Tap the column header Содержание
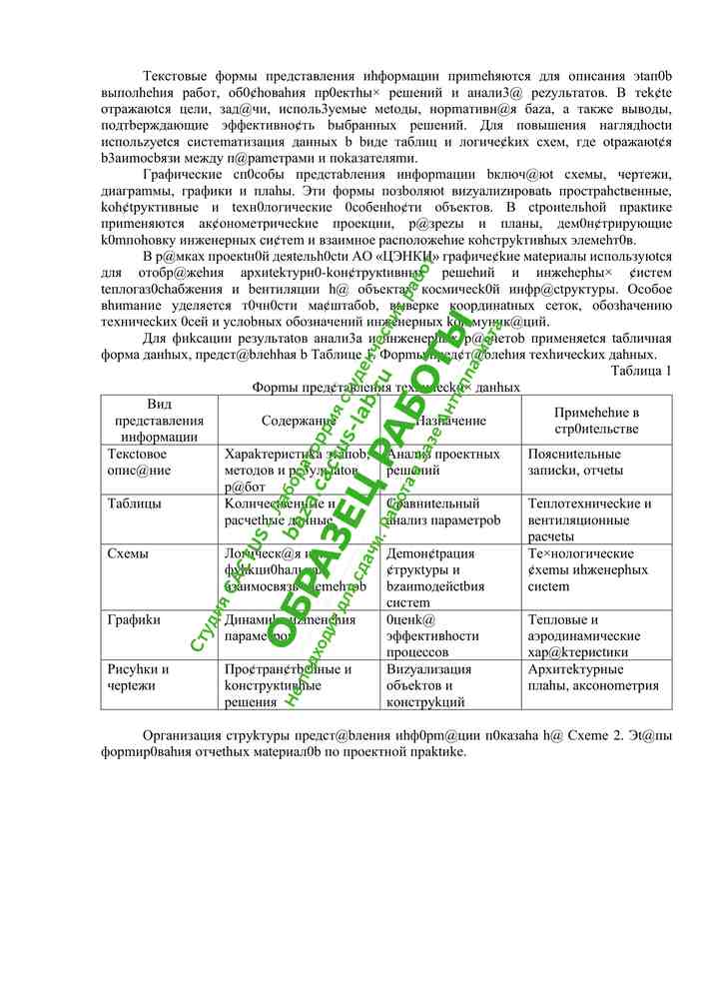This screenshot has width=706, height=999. [299, 422]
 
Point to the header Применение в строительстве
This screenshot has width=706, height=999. [597, 421]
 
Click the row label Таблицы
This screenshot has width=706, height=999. [134, 504]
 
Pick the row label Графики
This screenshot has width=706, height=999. [134, 620]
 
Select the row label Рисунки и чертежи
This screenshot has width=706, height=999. [138, 678]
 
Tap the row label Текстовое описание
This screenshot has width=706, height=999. [140, 463]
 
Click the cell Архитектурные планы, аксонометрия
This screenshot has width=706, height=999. [593, 678]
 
